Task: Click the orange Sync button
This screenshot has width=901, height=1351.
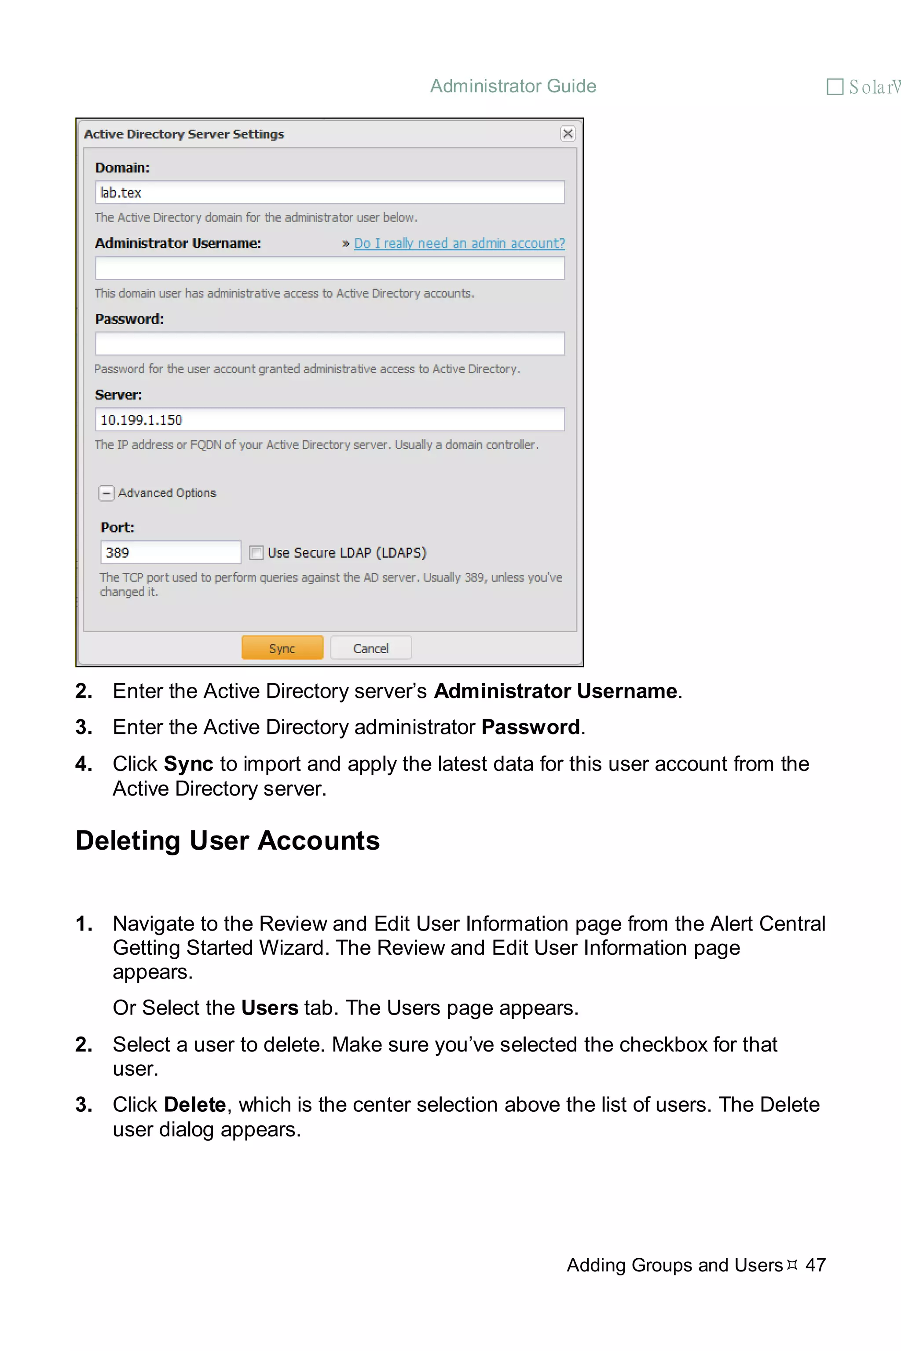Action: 282,648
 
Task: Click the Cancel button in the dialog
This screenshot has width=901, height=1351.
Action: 370,648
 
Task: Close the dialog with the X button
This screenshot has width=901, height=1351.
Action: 568,134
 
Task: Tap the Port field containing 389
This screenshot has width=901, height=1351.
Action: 170,552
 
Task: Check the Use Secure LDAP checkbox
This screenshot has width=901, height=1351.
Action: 256,552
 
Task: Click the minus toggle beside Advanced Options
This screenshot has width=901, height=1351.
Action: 106,493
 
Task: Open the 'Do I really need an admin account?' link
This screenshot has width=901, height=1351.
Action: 459,244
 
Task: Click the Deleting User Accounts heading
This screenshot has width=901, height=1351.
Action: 227,840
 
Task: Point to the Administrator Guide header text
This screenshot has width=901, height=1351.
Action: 513,86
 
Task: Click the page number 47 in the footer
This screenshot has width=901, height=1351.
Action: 815,1265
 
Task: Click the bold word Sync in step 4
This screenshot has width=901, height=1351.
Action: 188,764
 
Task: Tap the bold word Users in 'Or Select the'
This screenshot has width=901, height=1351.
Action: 270,1008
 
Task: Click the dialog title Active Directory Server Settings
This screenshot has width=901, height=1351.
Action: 184,134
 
